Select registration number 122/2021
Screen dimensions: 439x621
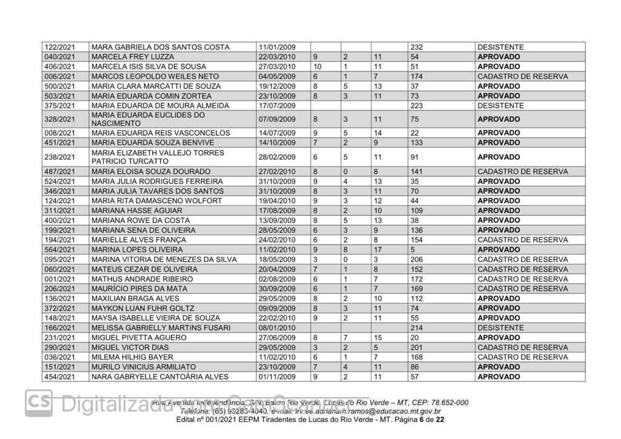pos(60,47)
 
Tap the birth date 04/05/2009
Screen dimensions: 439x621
pos(277,76)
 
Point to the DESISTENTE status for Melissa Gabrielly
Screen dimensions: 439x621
pos(500,327)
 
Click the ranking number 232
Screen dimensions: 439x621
pos(417,47)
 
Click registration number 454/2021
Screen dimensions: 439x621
pos(60,377)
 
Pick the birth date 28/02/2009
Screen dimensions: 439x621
pos(277,157)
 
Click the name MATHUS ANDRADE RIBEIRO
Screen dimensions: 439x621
pos(133,279)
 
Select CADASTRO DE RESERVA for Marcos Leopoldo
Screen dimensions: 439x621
pos(522,76)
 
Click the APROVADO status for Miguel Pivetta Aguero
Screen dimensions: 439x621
pos(498,337)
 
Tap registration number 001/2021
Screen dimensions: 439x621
pos(60,279)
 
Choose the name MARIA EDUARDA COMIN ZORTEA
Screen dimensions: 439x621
pos(143,96)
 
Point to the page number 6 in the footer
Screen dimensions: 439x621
pos(421,420)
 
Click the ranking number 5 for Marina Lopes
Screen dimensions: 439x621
pos(412,249)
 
